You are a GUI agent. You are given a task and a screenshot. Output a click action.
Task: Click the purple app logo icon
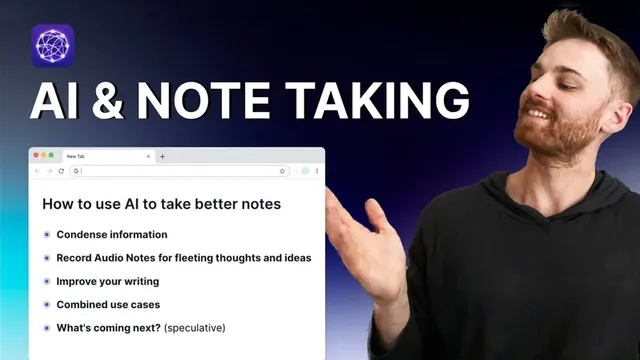[x=53, y=45]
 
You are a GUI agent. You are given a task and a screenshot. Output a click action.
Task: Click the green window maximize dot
[x=51, y=155]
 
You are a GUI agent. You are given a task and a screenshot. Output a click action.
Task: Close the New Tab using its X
[x=149, y=156]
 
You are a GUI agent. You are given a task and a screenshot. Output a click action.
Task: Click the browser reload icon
[x=61, y=171]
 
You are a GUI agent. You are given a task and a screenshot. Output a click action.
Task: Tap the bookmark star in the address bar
[x=282, y=171]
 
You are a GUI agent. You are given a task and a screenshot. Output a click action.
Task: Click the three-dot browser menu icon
[x=318, y=171]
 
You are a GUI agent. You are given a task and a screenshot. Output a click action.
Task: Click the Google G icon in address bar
[x=76, y=171]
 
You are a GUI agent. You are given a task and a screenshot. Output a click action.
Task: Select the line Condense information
[x=112, y=235]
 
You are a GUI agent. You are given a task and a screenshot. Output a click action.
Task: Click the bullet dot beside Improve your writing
[x=46, y=281]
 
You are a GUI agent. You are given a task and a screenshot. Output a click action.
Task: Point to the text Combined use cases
[x=108, y=304]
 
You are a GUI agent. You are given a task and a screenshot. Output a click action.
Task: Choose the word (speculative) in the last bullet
[x=195, y=327]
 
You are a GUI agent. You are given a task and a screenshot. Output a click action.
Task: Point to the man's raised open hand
[x=360, y=245]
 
